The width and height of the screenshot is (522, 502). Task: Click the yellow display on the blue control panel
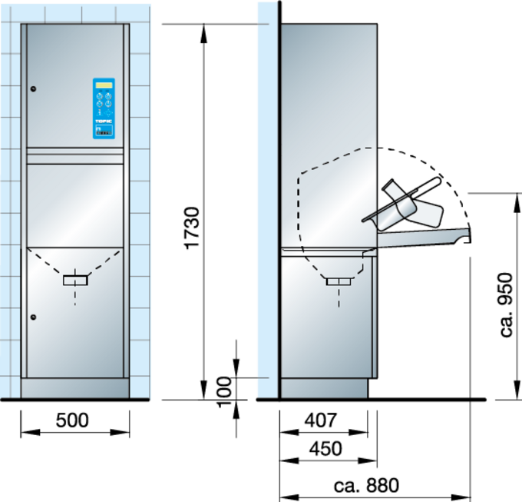pos(104,85)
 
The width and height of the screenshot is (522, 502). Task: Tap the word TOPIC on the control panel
pos(104,121)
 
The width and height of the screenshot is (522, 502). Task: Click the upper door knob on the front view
pos(33,89)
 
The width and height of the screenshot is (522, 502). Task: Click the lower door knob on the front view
pos(33,317)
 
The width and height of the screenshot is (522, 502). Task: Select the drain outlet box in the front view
pos(75,280)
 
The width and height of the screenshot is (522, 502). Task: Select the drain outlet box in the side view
pos(339,281)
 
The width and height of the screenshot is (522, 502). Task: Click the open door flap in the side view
pos(422,238)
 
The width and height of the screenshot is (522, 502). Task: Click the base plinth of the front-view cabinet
pos(75,388)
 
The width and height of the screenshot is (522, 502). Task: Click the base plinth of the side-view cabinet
pos(323,388)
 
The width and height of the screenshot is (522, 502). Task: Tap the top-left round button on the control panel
pos(99,96)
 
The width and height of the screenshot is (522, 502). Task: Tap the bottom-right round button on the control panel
pos(108,112)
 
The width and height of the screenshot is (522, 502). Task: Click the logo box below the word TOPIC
pos(104,131)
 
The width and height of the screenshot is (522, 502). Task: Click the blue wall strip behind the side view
pos(266,200)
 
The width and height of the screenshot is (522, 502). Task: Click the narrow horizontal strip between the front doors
pos(75,159)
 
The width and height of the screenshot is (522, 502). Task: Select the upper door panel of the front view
pos(61,85)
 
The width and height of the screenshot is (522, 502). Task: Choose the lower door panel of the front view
pos(75,338)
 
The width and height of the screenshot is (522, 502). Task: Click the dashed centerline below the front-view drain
pos(75,296)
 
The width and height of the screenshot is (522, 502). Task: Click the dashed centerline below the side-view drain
pos(339,298)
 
